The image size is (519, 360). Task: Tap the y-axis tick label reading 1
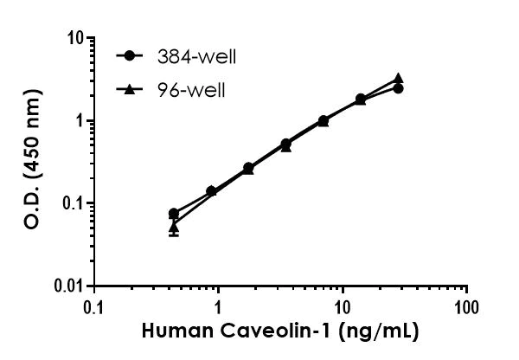coord(78,121)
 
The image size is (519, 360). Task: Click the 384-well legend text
coord(196,57)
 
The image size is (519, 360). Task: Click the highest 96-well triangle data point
coord(398,78)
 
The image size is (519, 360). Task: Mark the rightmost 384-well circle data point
coord(398,88)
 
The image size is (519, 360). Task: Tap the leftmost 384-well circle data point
coord(174,213)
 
